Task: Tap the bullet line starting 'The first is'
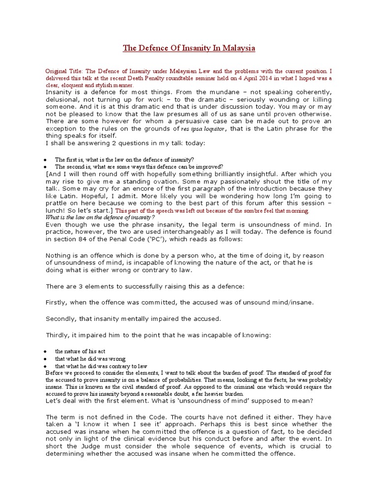pos(124,159)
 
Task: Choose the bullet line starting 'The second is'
pos(139,166)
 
